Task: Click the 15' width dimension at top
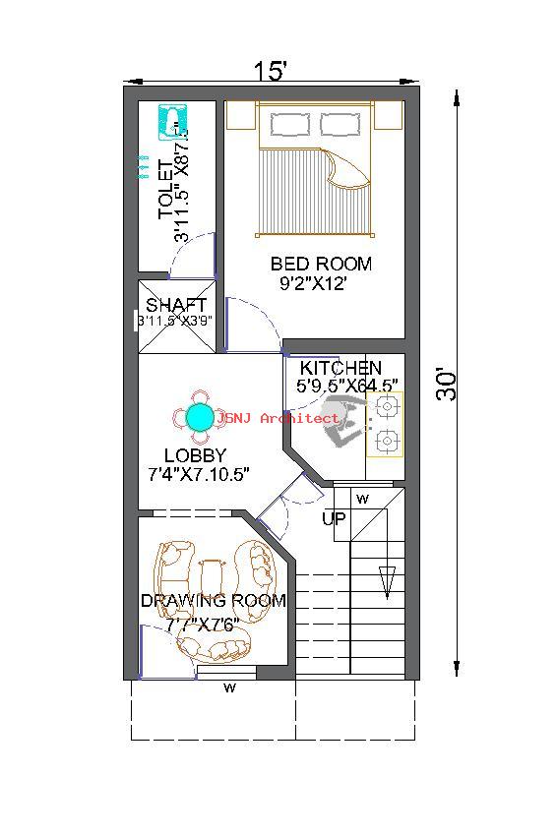point(271,72)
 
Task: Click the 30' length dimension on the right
point(447,384)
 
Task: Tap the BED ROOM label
point(321,264)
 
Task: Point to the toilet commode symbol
point(174,122)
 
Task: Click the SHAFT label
point(176,305)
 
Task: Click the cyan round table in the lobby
point(200,417)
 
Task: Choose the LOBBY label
point(195,455)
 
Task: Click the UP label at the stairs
point(335,518)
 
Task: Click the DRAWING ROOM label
point(213,600)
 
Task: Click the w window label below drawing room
point(229,688)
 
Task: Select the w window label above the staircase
point(362,499)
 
